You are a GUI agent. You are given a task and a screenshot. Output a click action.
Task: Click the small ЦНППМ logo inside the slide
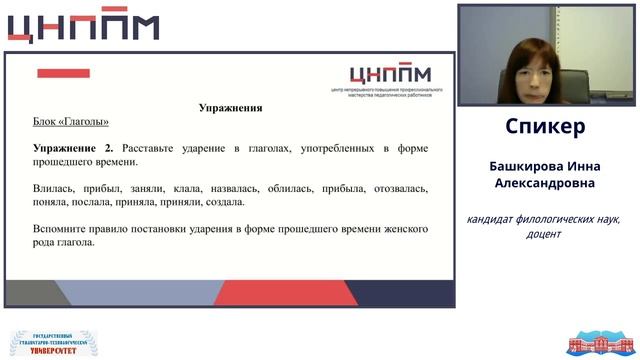[x=390, y=75]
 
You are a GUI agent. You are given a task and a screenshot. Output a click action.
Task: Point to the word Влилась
[x=53, y=188]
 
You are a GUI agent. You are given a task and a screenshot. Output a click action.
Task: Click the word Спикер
[x=545, y=127]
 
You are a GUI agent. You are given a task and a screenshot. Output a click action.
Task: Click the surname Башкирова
[x=518, y=166]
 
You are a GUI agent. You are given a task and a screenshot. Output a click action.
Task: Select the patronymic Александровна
[x=545, y=183]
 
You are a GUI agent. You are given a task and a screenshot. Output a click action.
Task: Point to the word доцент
[x=544, y=234]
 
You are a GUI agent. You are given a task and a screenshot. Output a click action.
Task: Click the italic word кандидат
[x=497, y=219]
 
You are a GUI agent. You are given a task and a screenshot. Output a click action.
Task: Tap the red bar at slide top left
[x=64, y=73]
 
